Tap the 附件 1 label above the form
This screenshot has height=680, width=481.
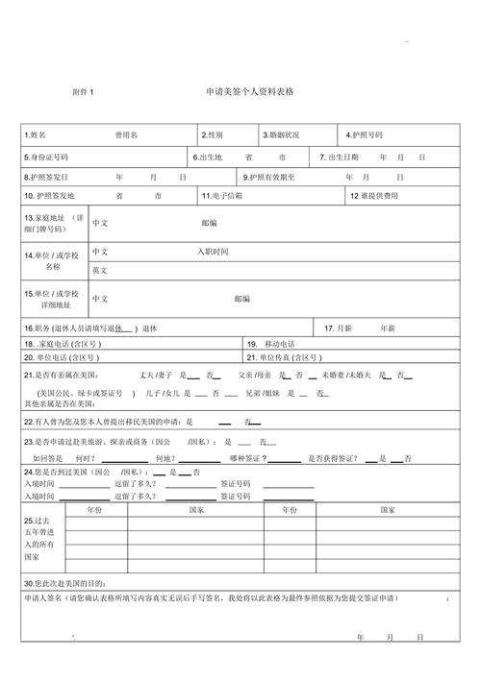coord(84,92)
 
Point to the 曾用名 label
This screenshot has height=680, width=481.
coord(126,135)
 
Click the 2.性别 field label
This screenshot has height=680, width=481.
coord(213,135)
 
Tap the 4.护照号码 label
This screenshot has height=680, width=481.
coord(365,135)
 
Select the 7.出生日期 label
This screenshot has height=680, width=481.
coord(342,157)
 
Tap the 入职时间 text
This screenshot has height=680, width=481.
coord(214,252)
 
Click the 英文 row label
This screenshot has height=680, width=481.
coord(100,271)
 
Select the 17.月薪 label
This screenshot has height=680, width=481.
coord(338,328)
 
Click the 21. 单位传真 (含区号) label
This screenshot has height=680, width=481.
coord(287,357)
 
